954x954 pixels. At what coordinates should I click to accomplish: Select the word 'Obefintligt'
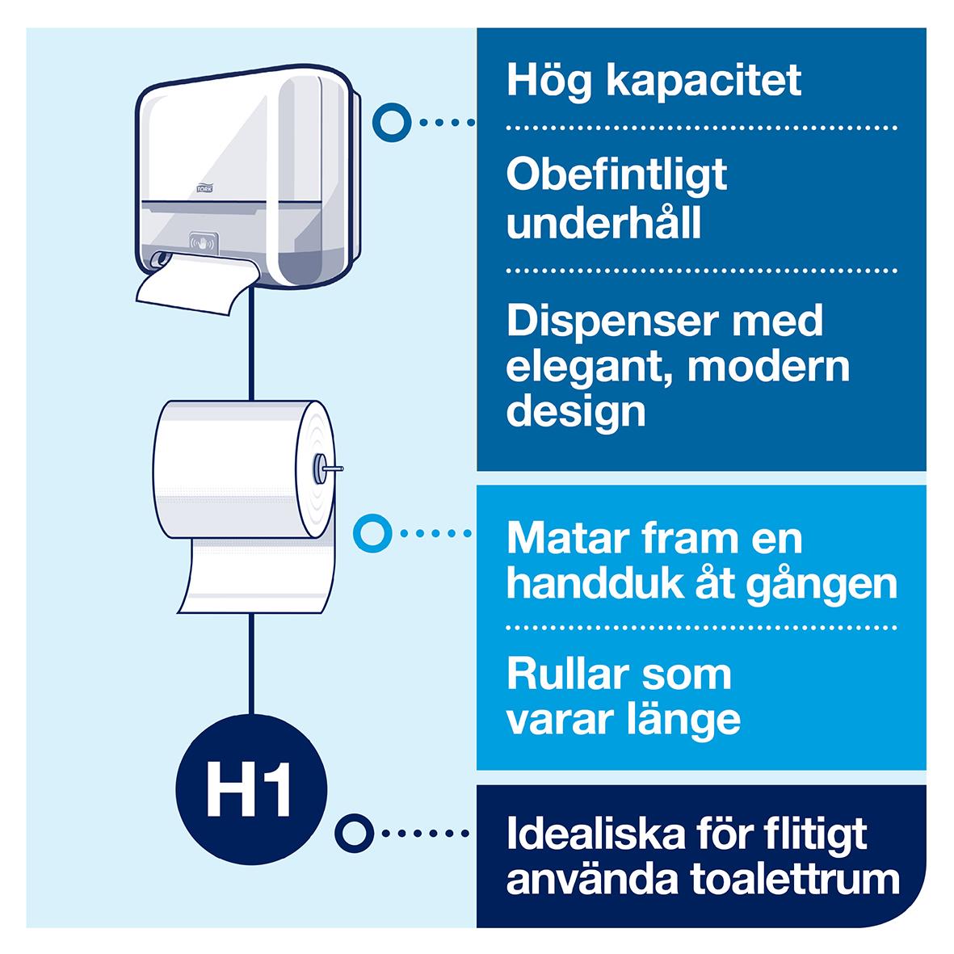[x=617, y=175]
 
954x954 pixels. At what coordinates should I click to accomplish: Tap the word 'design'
[x=576, y=412]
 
